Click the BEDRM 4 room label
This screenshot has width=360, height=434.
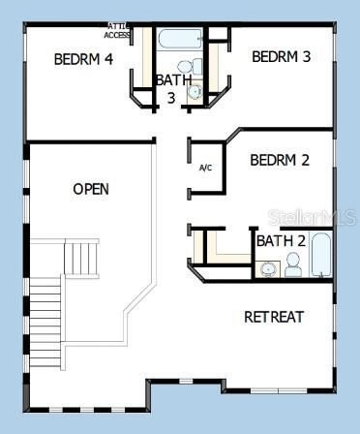tap(83, 59)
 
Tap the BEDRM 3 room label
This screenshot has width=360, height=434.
tap(281, 56)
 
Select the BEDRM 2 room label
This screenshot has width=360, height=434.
tap(280, 160)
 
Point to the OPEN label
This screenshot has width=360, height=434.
tap(91, 189)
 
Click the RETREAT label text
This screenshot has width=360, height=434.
tap(274, 317)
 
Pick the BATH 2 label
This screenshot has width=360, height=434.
tap(281, 240)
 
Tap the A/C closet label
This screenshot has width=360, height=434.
tap(205, 168)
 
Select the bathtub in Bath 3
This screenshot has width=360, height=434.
tap(180, 41)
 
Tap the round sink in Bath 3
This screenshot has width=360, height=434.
tap(194, 92)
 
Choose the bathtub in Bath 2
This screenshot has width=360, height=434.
tap(321, 255)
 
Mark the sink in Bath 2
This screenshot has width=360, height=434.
tap(267, 268)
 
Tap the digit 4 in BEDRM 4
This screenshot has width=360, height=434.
tap(108, 59)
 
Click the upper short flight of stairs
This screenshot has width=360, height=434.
tap(81, 258)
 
